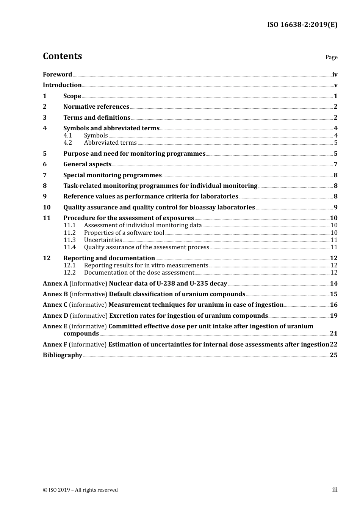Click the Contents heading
click(62, 56)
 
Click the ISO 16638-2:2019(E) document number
click(302, 25)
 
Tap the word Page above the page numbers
click(331, 57)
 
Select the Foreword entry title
click(57, 75)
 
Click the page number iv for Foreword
click(335, 75)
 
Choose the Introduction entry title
click(62, 85)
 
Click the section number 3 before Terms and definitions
click(45, 118)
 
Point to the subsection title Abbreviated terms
click(110, 143)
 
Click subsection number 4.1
click(67, 136)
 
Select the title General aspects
click(87, 164)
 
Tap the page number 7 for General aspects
click(335, 164)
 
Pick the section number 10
click(47, 208)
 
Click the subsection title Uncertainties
click(103, 240)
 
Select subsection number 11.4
click(70, 247)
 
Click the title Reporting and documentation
click(109, 258)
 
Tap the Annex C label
click(55, 305)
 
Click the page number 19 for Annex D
click(333, 316)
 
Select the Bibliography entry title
click(63, 355)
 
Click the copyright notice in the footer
click(80, 490)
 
